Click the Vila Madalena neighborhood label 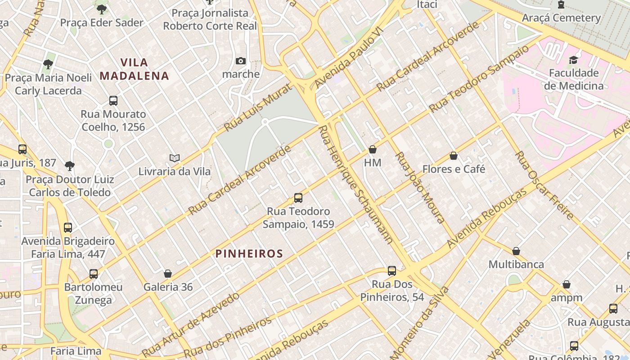tap(135, 69)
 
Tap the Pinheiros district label tap(249, 254)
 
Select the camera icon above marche tap(241, 61)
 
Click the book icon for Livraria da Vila tap(175, 158)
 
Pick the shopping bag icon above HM tap(373, 149)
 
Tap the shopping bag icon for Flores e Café tap(454, 156)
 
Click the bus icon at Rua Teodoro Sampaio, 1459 tap(298, 198)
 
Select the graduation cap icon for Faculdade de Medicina tap(573, 60)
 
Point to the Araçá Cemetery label tap(561, 18)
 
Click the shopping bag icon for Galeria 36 tap(168, 274)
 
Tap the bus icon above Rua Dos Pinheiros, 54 tap(392, 271)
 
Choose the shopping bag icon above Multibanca tap(516, 251)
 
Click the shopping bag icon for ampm tap(567, 285)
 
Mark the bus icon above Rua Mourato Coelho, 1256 tap(113, 101)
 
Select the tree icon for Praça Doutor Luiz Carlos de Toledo tap(69, 166)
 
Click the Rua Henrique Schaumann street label tap(355, 184)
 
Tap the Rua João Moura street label tap(419, 187)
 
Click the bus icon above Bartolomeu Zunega tap(93, 274)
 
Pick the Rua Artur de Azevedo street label tap(191, 324)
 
